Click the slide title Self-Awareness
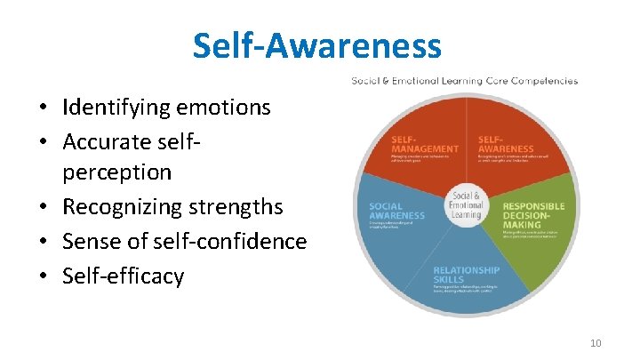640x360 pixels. pos(316,45)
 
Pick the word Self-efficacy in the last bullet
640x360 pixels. pos(123,275)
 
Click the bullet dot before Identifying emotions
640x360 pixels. pos(42,108)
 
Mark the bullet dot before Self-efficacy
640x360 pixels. pos(42,276)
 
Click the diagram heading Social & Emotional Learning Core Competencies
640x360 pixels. pos(464,81)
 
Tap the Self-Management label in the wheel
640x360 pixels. pos(425,144)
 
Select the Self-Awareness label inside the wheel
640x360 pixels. pos(507,144)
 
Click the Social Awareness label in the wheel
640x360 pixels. pos(396,211)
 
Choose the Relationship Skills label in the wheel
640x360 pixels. pos(466,275)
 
